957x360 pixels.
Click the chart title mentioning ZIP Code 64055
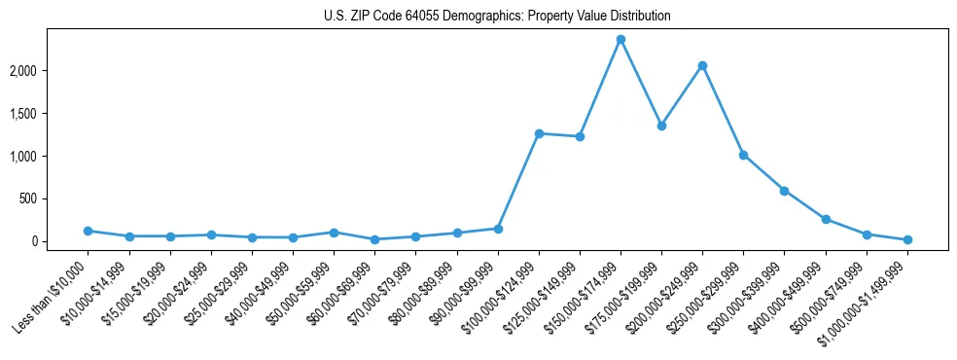[x=497, y=17]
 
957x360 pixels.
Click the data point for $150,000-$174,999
[x=620, y=40]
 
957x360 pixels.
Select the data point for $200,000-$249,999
[x=702, y=65]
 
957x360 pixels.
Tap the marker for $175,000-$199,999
[x=661, y=126]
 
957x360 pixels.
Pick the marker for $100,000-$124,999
[x=539, y=133]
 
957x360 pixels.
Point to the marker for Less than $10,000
[x=89, y=231]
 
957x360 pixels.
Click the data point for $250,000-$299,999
[x=743, y=155]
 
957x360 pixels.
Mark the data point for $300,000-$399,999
[x=784, y=191]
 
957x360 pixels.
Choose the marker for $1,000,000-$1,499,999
[x=907, y=239]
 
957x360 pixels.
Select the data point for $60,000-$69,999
[x=374, y=239]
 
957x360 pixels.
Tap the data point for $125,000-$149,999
[x=580, y=136]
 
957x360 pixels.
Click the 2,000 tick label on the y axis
[x=51, y=71]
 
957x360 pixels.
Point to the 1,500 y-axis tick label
[x=51, y=114]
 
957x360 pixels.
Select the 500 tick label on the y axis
[x=56, y=198]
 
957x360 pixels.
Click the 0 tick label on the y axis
[x=60, y=241]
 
